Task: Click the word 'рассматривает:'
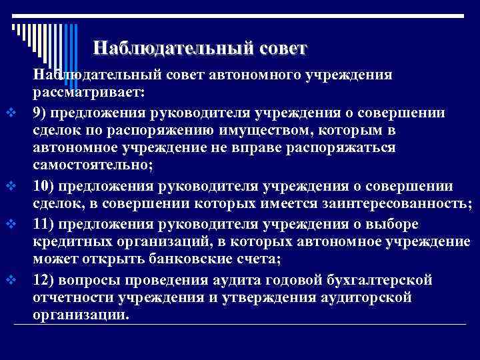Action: (89, 91)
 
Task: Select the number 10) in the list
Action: (43, 185)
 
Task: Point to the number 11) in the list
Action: (43, 222)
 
